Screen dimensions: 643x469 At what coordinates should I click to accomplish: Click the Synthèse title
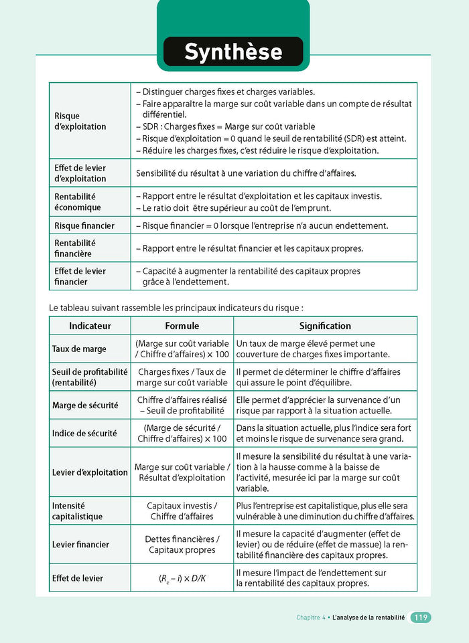click(233, 52)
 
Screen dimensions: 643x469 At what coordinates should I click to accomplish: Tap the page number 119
click(420, 618)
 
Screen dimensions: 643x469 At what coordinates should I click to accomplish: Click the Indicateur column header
click(90, 326)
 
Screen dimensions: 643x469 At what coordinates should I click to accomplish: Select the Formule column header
click(182, 326)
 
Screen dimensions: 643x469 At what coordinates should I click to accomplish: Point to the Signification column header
click(325, 326)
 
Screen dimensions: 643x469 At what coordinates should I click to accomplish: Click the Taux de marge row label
click(79, 349)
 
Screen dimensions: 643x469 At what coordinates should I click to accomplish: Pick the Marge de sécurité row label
click(85, 405)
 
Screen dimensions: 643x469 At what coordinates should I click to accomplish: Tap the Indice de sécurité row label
click(84, 434)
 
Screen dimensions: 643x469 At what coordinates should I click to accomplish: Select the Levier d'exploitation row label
click(90, 472)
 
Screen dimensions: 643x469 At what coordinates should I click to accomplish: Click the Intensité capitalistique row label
click(78, 511)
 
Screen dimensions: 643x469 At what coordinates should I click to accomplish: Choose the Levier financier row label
click(80, 545)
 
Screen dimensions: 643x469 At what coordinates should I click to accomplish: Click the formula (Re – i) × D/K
click(182, 578)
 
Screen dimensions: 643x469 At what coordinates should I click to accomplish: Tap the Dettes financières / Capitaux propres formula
click(182, 545)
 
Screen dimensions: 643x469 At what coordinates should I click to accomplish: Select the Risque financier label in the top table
click(84, 226)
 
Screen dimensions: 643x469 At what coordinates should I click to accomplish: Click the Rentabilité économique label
click(78, 202)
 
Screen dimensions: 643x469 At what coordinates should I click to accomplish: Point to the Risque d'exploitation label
click(80, 121)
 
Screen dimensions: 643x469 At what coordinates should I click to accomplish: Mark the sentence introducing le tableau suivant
click(177, 308)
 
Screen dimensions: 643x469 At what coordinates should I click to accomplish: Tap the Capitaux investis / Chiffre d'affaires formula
click(182, 511)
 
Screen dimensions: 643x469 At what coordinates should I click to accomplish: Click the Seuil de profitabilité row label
click(90, 377)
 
